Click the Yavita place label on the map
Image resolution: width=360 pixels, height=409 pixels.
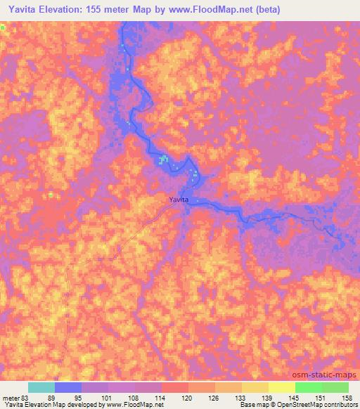(178, 200)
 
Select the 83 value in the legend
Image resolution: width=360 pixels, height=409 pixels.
(27, 398)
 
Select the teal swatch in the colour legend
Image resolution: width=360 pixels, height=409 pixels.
(41, 387)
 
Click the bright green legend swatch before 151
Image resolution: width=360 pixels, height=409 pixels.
(308, 387)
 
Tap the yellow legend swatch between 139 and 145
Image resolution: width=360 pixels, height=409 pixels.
(281, 387)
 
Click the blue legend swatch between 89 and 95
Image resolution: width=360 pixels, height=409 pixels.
(68, 387)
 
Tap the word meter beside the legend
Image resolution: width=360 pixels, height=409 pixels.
(10, 398)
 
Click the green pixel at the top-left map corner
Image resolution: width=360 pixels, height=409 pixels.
(2, 27)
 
